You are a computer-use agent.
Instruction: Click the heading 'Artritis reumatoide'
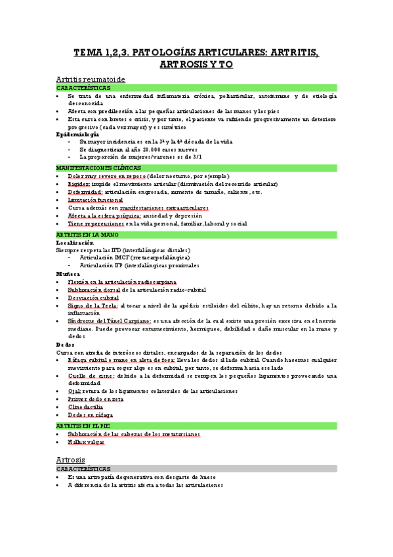(x=91, y=78)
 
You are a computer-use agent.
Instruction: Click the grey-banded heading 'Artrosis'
(x=72, y=460)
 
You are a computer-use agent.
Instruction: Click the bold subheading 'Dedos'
(x=66, y=344)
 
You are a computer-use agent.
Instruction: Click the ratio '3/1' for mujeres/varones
(x=197, y=157)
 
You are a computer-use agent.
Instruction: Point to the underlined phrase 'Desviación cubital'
(x=92, y=297)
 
